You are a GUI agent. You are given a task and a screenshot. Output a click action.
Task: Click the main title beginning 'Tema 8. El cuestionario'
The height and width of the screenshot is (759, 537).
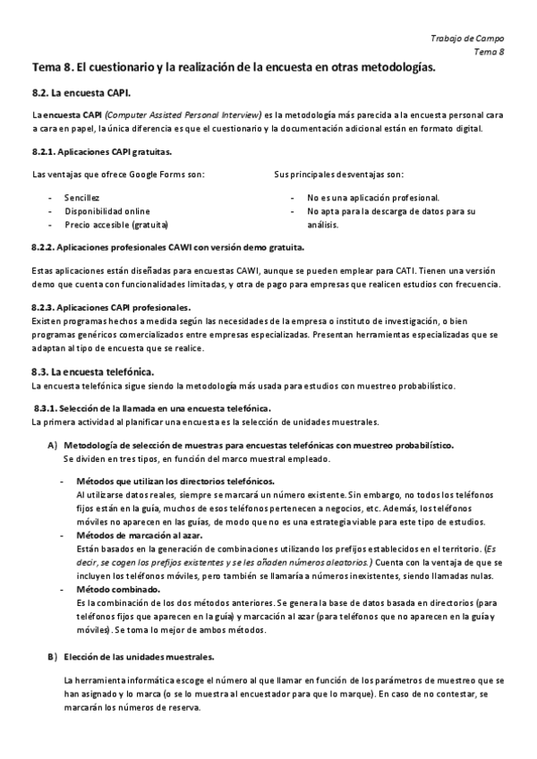point(234,67)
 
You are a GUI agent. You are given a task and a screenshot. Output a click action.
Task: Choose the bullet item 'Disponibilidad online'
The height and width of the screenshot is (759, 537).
point(107,211)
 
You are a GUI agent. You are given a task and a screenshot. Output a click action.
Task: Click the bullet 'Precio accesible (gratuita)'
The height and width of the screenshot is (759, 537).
point(116,225)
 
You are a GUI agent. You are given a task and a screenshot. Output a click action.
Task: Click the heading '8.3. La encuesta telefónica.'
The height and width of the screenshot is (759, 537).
point(92,371)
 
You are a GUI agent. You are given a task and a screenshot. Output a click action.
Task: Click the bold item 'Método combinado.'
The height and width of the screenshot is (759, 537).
point(117,591)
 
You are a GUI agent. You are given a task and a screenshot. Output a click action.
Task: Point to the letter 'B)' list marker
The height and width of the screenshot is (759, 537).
point(52,658)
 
